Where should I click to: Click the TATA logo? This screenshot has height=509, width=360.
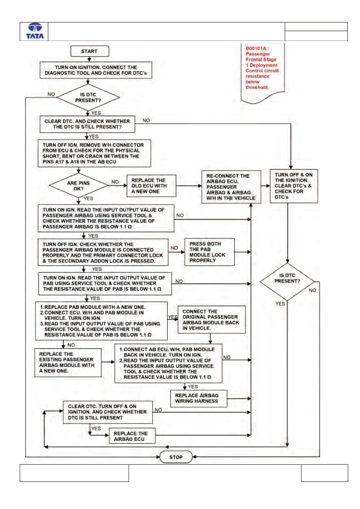tap(35, 31)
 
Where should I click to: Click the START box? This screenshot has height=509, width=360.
tap(90, 51)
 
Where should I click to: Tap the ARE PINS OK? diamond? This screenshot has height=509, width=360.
tap(78, 186)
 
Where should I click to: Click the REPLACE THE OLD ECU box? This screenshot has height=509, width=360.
tap(151, 186)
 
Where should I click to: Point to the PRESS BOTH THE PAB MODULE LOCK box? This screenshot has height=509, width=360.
tap(209, 252)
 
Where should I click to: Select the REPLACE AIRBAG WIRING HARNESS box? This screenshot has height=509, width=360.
tap(198, 398)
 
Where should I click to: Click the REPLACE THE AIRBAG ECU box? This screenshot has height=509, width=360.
tap(132, 436)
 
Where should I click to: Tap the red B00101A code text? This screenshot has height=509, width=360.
tap(257, 48)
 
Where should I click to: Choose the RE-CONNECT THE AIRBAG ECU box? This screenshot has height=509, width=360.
tap(231, 187)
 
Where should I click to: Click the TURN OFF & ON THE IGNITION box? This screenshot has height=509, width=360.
tap(294, 186)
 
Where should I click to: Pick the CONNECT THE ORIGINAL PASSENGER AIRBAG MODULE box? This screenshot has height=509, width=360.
tap(211, 320)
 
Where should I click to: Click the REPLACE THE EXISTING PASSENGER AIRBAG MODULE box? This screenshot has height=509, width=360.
tap(68, 363)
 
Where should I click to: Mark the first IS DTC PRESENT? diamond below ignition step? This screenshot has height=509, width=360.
tap(88, 97)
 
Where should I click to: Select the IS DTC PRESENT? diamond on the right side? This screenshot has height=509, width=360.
tap(287, 281)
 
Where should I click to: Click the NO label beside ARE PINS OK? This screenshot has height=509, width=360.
tap(115, 182)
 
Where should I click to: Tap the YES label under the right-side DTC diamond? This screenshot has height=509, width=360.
tap(280, 304)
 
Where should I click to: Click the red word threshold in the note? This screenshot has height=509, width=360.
tap(257, 87)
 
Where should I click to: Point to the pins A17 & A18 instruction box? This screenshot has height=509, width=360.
tap(94, 153)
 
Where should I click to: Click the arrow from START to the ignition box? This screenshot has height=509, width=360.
tap(89, 59)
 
